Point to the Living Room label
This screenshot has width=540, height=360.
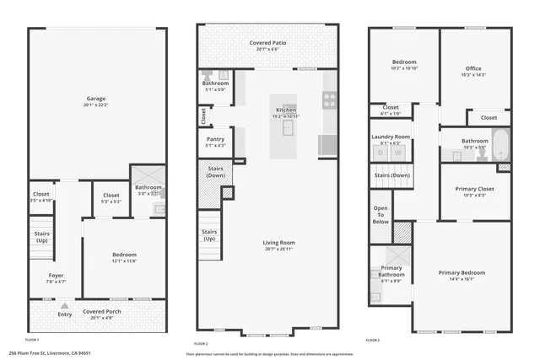tap(270, 244)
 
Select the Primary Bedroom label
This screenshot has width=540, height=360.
tap(463, 272)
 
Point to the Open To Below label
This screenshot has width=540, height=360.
tap(381, 214)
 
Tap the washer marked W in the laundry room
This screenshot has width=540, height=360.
tap(397, 153)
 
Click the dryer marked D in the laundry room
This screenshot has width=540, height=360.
tap(381, 153)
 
